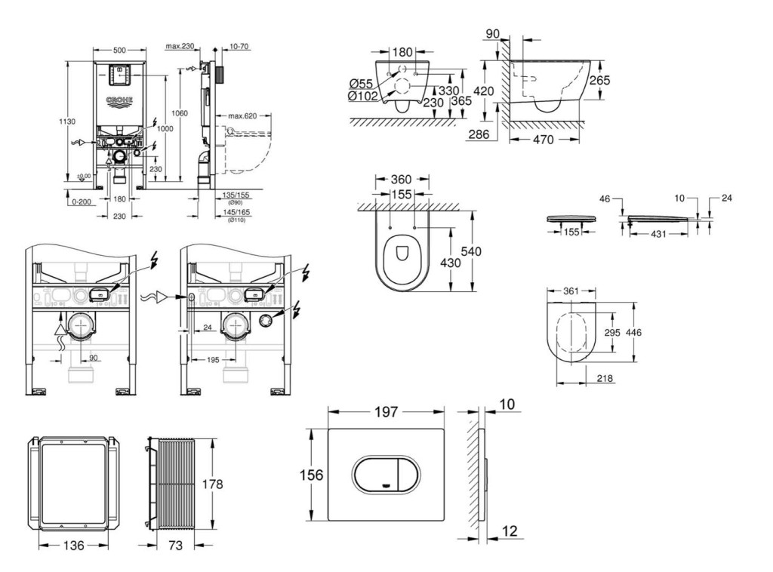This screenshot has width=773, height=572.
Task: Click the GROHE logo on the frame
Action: (119, 100)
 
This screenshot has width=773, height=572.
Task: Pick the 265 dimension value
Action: (599, 80)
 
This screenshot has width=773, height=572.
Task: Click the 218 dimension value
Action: (603, 379)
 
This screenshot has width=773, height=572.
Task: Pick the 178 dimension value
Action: (213, 484)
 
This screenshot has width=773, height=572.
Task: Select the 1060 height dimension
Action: (179, 113)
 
